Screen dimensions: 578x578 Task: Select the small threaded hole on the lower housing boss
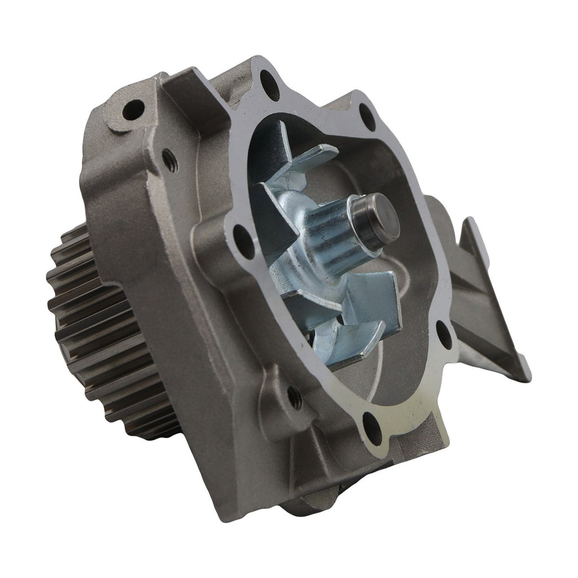tap(294, 397)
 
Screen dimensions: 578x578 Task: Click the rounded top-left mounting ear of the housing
tap(127, 113)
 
